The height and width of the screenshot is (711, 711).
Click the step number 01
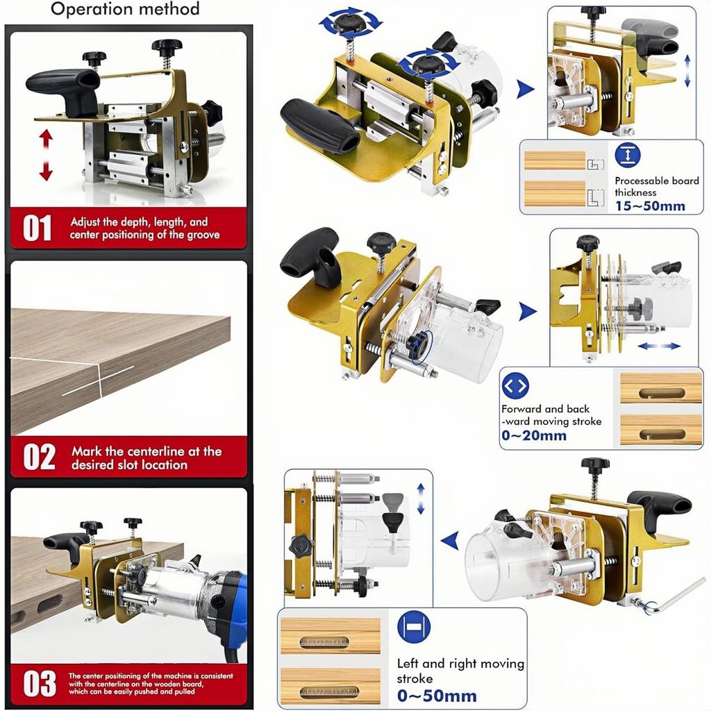[37, 228]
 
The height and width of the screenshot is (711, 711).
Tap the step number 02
[39, 457]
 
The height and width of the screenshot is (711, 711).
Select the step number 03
[40, 684]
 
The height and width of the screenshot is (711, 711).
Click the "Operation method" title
[125, 9]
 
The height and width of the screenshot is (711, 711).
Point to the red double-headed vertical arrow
[46, 155]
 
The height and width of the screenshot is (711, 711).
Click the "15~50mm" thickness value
[650, 206]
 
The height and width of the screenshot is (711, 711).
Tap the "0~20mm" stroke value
[534, 436]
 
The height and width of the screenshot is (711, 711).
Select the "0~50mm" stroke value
[437, 696]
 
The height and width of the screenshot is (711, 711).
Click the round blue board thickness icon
[628, 155]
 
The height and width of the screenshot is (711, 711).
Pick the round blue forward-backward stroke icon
[515, 385]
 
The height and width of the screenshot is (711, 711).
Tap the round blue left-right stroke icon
[414, 627]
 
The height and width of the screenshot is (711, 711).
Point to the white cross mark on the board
[99, 380]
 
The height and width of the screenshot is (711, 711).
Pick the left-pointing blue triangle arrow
[449, 541]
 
